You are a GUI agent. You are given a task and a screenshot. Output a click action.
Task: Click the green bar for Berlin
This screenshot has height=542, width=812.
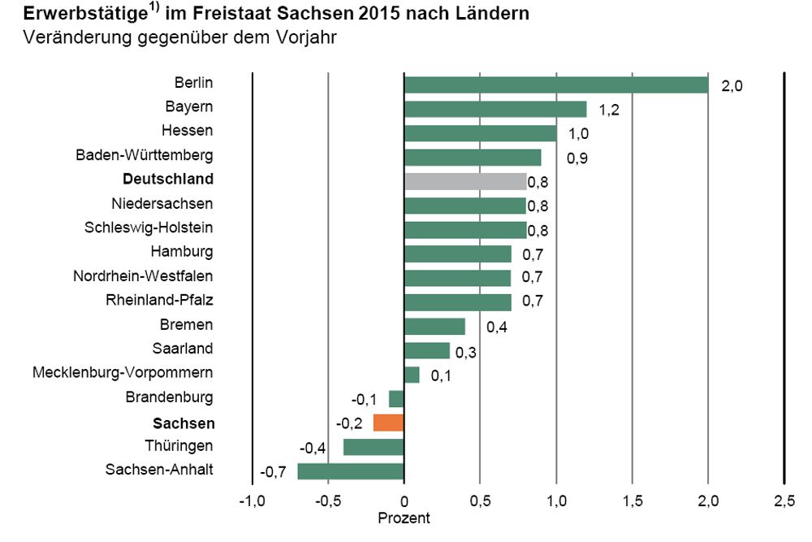tap(556, 85)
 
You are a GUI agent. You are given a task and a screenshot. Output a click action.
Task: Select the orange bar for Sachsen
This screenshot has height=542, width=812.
tap(389, 423)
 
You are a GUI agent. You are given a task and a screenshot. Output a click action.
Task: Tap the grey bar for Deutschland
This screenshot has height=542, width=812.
tap(465, 181)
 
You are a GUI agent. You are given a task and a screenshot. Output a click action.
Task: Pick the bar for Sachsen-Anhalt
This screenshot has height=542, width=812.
tap(351, 471)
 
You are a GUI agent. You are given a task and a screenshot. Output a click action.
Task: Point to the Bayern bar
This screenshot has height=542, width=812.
tap(495, 109)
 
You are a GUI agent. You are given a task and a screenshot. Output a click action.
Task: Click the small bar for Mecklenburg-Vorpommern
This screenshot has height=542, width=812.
tap(412, 375)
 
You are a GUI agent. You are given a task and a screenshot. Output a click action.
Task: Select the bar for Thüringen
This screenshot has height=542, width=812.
tap(374, 447)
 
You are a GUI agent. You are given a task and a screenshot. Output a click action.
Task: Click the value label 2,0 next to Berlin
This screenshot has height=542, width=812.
tap(732, 86)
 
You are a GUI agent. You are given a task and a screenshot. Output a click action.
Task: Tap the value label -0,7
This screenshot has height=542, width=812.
tap(273, 472)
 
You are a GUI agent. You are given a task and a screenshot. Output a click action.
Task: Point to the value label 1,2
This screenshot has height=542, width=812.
tap(609, 110)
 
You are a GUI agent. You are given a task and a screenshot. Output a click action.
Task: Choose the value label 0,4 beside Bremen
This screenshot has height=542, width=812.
tap(497, 327)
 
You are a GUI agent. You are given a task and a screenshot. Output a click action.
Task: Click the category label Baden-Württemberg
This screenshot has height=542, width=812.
tap(145, 154)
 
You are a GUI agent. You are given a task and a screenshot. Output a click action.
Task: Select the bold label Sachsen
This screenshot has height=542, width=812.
tap(184, 423)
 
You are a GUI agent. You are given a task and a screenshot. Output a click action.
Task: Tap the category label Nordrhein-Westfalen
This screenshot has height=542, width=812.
tap(143, 276)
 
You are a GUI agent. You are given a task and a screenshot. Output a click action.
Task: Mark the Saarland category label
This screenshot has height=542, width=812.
tap(183, 349)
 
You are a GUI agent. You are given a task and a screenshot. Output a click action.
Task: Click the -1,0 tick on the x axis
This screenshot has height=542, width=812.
tap(251, 500)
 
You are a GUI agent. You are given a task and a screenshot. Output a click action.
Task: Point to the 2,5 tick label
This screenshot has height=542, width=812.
tap(784, 500)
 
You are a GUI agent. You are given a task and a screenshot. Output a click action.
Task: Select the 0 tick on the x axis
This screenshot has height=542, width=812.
tap(404, 500)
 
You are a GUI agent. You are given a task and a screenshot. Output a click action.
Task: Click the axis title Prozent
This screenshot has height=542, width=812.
tap(404, 518)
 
